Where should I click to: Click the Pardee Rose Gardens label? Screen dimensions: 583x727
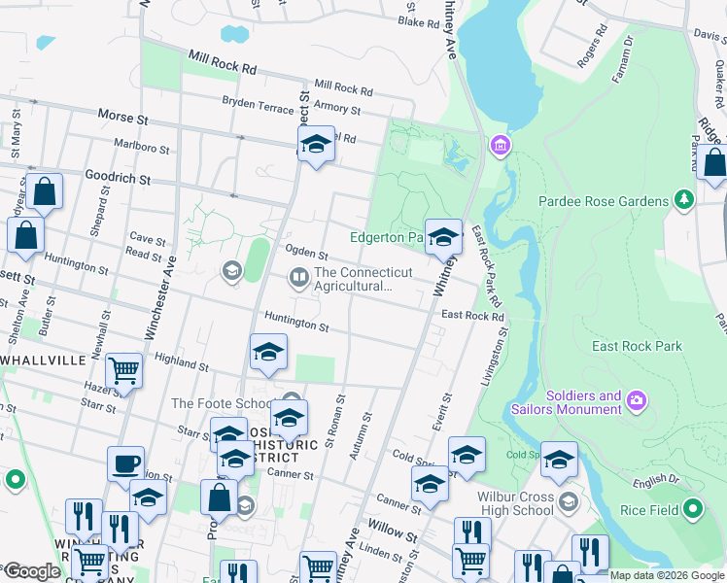click(603, 201)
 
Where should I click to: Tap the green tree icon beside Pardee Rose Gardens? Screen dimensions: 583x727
click(685, 200)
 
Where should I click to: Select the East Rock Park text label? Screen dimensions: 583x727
click(637, 346)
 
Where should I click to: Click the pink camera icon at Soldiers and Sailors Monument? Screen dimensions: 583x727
click(636, 399)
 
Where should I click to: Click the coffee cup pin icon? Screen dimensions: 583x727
click(126, 463)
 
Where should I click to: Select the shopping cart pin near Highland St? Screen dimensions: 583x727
click(123, 369)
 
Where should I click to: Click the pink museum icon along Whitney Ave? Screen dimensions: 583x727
click(500, 146)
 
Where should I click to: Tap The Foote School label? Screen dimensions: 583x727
click(222, 403)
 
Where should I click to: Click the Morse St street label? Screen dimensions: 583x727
click(122, 117)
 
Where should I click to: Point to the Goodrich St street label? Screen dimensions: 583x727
click(117, 180)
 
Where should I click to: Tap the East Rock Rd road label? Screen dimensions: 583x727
click(472, 316)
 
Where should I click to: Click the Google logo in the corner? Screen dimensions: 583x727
click(33, 570)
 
